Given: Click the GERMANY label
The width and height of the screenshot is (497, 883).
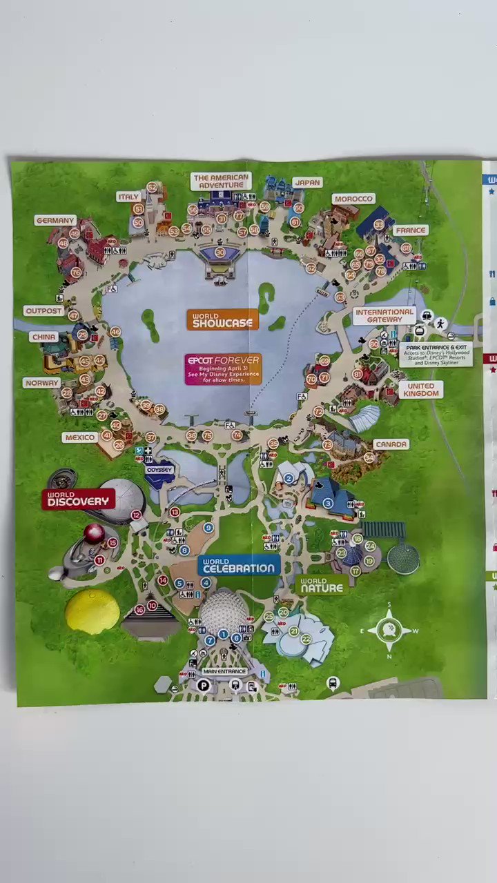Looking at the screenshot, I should [x=55, y=220].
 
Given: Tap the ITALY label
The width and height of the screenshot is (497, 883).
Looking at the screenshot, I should [x=128, y=197].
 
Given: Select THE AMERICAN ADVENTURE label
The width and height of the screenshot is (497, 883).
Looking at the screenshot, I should [x=220, y=181].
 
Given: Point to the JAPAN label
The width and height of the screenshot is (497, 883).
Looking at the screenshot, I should [x=307, y=182].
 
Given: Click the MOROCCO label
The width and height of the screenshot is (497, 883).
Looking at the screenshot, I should [x=353, y=199].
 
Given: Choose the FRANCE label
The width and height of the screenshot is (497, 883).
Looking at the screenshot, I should [x=411, y=230].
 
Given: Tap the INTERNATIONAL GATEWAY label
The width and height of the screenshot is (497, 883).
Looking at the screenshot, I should [x=384, y=316].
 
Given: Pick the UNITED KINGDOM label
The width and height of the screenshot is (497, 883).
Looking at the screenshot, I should [x=420, y=390].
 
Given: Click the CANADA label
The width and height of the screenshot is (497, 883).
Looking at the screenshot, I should [x=391, y=444].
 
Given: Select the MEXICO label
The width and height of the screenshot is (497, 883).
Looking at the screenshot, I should [x=79, y=437].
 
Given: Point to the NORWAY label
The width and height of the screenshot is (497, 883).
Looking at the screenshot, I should [x=41, y=382].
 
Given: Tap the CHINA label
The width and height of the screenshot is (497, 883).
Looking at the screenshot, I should [x=43, y=337].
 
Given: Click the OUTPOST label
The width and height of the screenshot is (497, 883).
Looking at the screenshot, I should [x=43, y=311].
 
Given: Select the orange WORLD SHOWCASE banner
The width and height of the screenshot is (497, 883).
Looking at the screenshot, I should [x=222, y=319].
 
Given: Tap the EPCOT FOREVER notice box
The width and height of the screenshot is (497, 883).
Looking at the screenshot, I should [x=223, y=369].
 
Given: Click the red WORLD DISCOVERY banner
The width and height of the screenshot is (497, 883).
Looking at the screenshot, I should [x=78, y=499].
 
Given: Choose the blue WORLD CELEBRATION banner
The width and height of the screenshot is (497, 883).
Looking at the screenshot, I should [x=238, y=566].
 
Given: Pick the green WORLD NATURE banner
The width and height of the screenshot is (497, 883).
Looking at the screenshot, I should [x=321, y=585].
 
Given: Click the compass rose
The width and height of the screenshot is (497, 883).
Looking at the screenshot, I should [x=389, y=629].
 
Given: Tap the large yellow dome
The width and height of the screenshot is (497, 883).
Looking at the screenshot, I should [x=92, y=611].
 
